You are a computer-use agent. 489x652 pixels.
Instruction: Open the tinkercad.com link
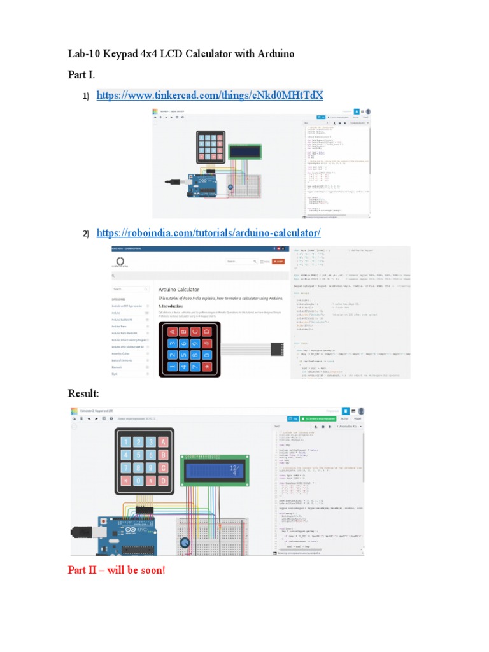[209, 96]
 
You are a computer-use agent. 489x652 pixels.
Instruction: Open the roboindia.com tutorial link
[208, 233]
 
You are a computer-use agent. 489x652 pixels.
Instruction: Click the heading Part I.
[81, 75]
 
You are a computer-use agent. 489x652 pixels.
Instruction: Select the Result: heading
[86, 392]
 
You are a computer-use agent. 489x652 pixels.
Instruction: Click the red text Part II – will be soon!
[116, 569]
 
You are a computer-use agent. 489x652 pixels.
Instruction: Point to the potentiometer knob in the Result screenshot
[185, 543]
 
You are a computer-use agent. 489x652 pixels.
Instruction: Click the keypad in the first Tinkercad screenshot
[210, 147]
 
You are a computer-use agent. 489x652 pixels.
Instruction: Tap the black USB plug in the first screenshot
[170, 182]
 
